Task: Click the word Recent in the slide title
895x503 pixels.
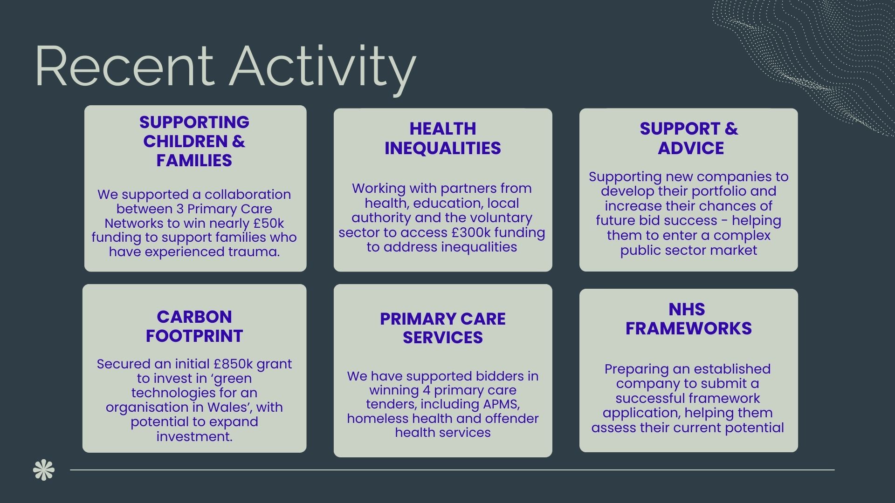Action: pos(124,66)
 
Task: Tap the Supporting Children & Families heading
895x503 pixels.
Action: pos(194,141)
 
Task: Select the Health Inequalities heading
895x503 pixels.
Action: pos(443,138)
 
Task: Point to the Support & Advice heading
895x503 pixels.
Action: pos(689,138)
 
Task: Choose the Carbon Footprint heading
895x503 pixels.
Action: pos(194,326)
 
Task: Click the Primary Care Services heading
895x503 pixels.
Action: pos(443,328)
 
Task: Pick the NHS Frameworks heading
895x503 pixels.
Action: pos(688,319)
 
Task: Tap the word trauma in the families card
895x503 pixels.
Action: pos(254,252)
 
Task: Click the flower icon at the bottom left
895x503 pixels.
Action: pos(44,470)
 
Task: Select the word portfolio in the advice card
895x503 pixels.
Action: pos(719,191)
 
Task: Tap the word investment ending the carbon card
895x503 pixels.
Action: pos(194,436)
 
